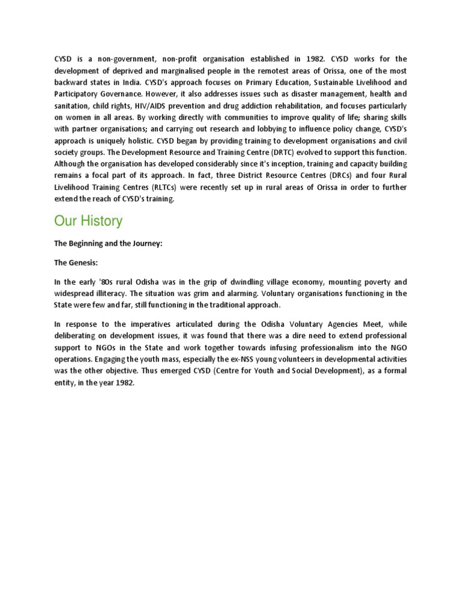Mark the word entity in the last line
click(x=65, y=383)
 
